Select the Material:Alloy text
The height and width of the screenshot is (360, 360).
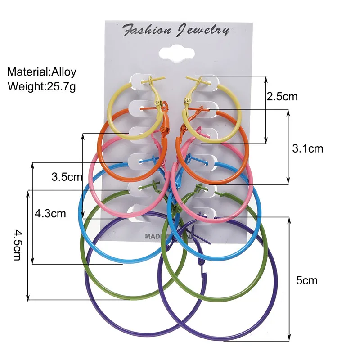click(42, 72)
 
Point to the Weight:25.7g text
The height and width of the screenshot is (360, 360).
click(41, 85)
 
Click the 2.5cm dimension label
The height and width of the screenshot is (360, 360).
click(282, 96)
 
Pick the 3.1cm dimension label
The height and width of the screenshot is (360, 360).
click(307, 148)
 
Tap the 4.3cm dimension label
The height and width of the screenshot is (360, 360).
click(50, 213)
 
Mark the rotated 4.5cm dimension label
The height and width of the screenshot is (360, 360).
click(18, 245)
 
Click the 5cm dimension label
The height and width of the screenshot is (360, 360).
click(307, 280)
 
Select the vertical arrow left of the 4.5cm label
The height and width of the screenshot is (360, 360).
click(28, 245)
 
